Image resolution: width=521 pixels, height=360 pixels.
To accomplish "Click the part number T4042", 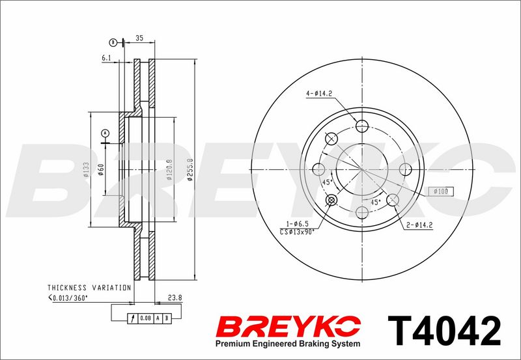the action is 444,331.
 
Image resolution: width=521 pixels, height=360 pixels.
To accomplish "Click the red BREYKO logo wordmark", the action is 288,326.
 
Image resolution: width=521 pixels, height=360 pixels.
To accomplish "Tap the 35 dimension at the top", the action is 139,38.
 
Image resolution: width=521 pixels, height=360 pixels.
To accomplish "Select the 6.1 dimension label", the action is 106,58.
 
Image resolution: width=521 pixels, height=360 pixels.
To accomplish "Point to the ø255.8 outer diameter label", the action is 190,169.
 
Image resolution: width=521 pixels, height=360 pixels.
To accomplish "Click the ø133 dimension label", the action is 87,169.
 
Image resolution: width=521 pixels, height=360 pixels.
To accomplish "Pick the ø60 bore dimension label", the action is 101,169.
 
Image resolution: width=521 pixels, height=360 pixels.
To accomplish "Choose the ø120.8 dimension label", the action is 169,169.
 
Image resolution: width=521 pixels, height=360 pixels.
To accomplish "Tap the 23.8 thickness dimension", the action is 175,298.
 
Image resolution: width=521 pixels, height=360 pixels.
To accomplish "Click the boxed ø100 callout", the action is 441,191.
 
